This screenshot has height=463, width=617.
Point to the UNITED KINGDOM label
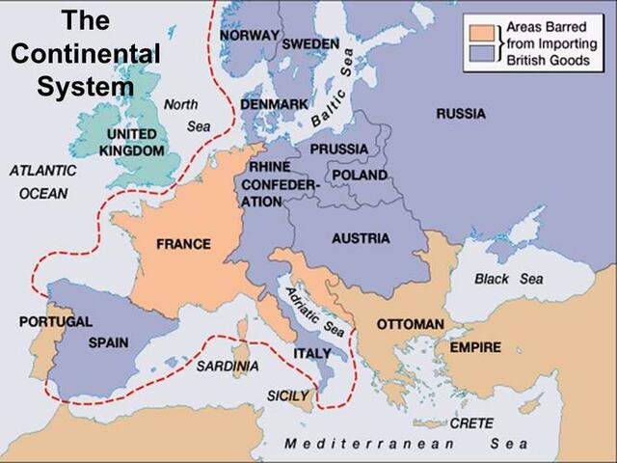coord(133,142)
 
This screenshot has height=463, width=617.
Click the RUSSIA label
coord(461,114)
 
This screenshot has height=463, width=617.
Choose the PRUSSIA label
coord(338,149)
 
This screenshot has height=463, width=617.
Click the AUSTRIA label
coord(360,238)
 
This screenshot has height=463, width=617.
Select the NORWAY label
coord(249,35)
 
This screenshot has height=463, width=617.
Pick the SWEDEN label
coord(310,44)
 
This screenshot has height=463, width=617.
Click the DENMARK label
coord(275,103)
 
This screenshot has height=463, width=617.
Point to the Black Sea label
coord(509,279)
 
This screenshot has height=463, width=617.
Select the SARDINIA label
coord(228,367)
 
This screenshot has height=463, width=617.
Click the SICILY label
coord(288,395)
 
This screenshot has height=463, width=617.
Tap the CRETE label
coord(470,422)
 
